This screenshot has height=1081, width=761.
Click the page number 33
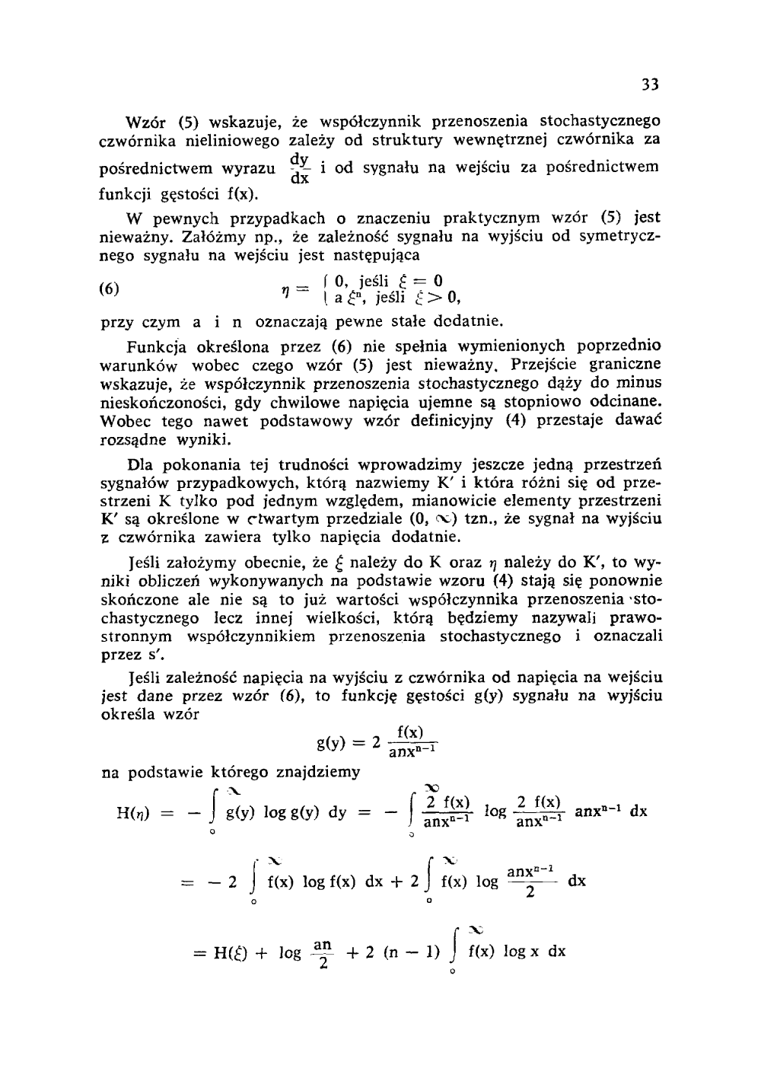tap(648, 84)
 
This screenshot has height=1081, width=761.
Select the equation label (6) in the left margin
tap(112, 289)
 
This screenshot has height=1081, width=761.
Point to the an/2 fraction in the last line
tap(323, 952)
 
